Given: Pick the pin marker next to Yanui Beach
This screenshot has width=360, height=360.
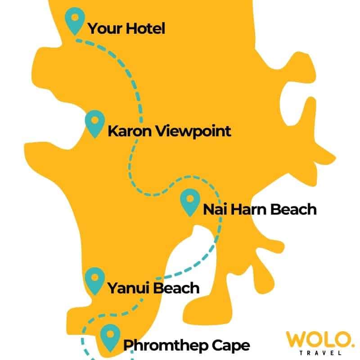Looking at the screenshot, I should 94,279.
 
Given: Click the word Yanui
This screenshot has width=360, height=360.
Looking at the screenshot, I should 128,288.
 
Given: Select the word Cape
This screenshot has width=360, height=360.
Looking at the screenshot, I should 232,346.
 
